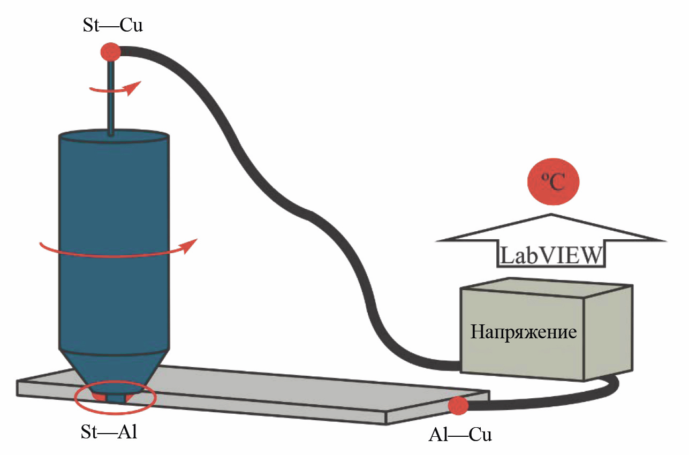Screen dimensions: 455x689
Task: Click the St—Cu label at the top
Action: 112,26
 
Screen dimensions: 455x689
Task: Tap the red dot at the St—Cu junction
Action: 111,52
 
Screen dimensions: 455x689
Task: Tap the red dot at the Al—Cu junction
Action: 458,405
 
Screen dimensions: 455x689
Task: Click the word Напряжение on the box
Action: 523,332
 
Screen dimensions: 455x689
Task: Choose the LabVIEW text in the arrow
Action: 551,255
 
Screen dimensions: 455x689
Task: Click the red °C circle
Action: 554,183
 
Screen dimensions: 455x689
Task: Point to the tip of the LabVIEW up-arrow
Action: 551,216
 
